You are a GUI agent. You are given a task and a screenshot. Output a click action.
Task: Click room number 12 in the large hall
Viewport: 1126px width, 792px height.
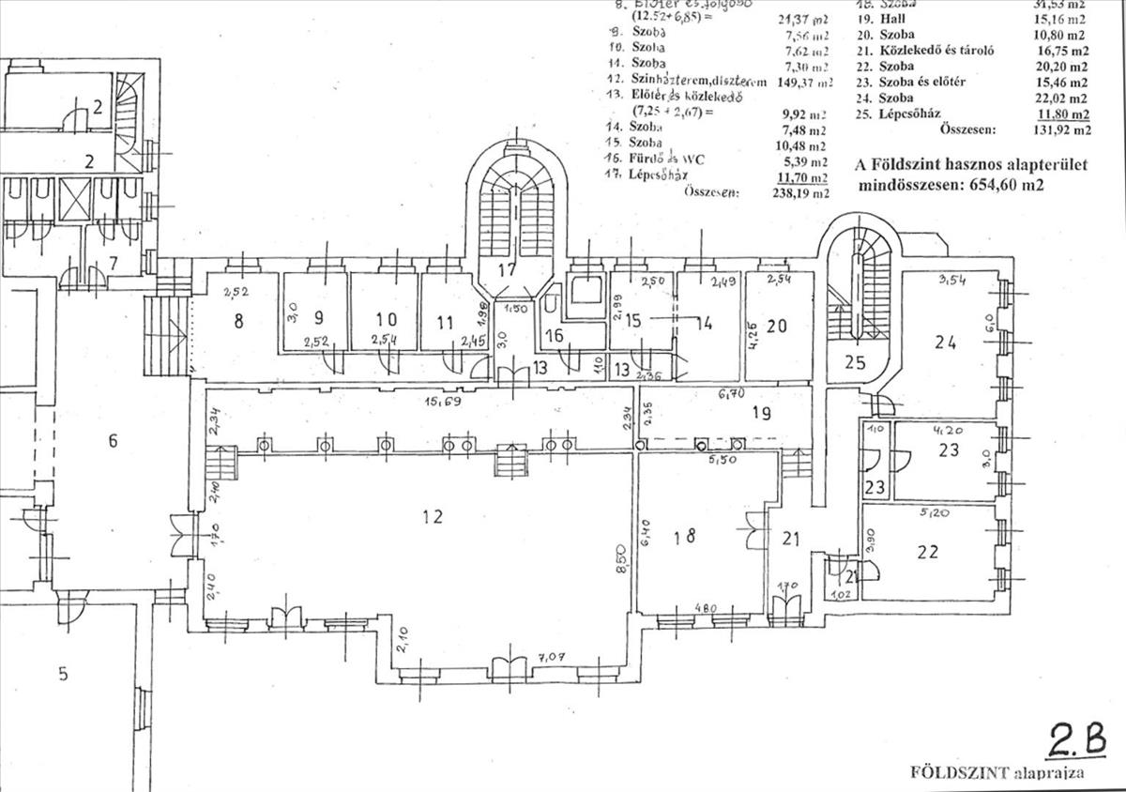tap(432, 515)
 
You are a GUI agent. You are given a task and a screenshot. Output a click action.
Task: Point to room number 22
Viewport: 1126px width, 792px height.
tap(927, 552)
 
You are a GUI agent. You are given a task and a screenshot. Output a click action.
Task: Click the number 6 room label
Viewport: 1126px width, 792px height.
tap(113, 440)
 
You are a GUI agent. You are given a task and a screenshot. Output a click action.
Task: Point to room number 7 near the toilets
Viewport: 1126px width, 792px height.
tap(113, 262)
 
